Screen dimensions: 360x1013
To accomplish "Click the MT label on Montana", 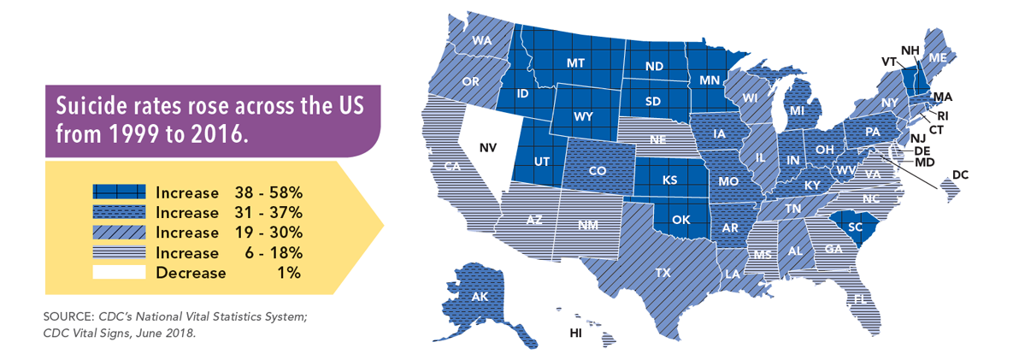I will (x=576, y=63).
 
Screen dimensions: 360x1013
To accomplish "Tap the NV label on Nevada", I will (x=488, y=148).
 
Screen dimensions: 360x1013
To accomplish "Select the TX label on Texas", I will (x=663, y=273).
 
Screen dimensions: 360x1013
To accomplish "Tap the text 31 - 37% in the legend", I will (x=265, y=211).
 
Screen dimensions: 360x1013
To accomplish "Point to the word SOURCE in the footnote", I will (x=71, y=317).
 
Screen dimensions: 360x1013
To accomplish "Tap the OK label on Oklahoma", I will (x=681, y=220).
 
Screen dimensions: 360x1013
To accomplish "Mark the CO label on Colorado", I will (x=598, y=171).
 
